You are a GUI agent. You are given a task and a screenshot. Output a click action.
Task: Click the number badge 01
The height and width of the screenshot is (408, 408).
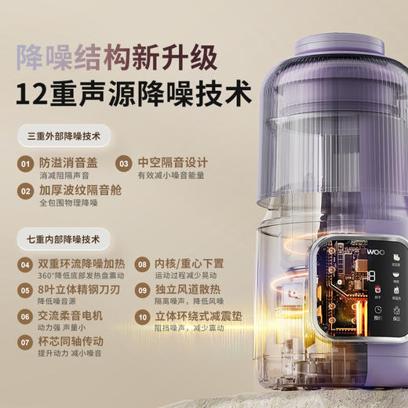coord(27,164)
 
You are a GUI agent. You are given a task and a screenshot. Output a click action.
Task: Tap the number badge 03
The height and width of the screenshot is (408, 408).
coord(124,164)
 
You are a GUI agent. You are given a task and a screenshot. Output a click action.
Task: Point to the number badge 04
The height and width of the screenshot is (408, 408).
coord(27,266)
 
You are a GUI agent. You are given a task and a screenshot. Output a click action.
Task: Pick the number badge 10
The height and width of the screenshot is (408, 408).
coord(142,317)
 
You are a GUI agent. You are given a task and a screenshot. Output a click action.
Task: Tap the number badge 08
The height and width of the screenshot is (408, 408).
coord(142,266)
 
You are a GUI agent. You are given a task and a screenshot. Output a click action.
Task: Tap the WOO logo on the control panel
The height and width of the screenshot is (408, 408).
coord(374,256)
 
